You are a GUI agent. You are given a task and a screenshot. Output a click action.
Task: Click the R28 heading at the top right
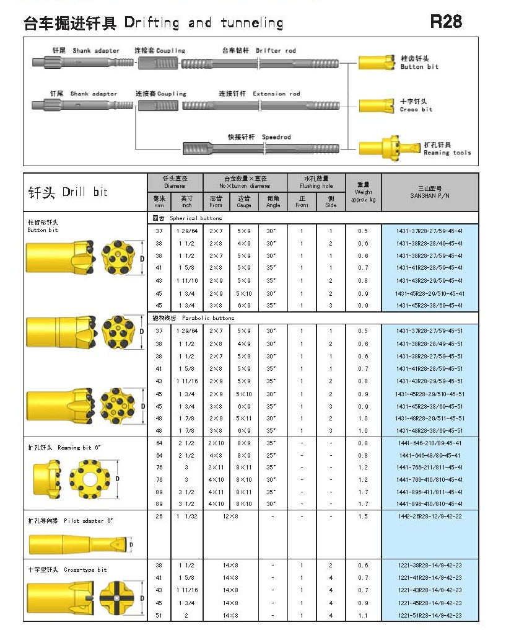click(x=446, y=22)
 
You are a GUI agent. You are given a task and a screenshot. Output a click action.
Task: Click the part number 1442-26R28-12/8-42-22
click(x=430, y=516)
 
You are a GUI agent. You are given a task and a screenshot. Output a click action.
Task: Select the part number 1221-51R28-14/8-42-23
click(x=430, y=616)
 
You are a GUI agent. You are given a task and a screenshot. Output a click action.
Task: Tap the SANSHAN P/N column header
click(x=430, y=192)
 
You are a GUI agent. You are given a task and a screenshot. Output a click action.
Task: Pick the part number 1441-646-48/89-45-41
click(x=430, y=455)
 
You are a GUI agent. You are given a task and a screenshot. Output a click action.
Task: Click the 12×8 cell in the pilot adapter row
click(x=230, y=516)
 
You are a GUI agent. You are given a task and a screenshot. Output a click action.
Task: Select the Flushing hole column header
click(x=316, y=182)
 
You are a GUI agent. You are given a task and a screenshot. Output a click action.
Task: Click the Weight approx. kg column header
click(x=363, y=192)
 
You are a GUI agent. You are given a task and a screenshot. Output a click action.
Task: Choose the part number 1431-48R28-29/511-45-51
click(x=430, y=418)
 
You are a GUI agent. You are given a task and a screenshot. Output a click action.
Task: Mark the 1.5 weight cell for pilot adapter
click(x=363, y=516)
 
